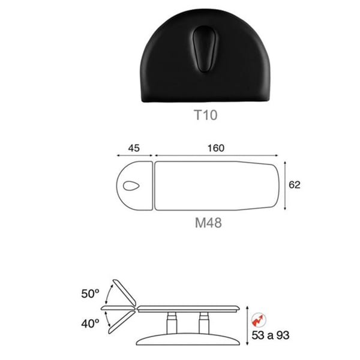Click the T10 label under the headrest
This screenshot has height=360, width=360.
click(205, 115)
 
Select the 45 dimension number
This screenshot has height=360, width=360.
click(134, 148)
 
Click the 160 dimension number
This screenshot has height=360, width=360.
click(216, 148)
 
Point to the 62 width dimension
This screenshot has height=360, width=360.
click(295, 185)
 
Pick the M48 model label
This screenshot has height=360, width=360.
click(208, 223)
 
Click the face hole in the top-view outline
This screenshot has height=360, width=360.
click(131, 186)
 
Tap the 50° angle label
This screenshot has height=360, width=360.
click(90, 293)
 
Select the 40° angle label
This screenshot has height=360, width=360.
click(90, 324)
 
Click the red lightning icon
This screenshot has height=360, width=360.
click(259, 320)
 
